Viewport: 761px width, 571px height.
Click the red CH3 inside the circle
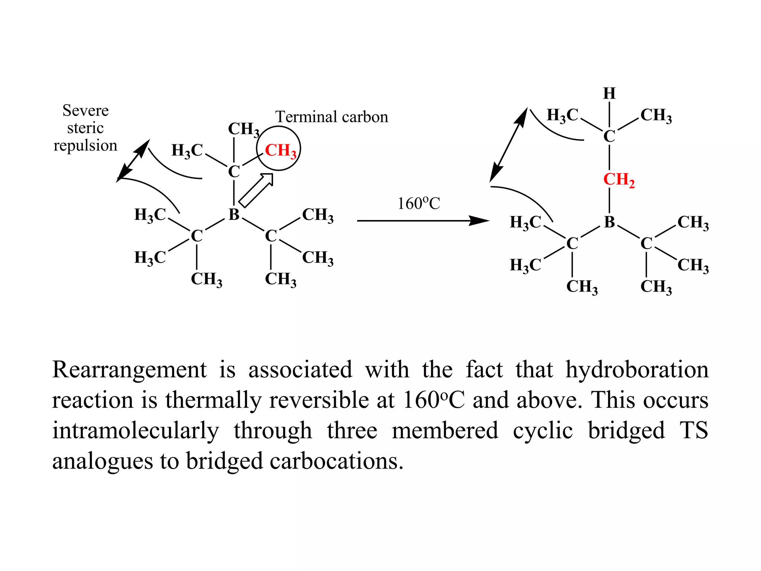tap(280, 151)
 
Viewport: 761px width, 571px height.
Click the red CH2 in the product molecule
tap(618, 180)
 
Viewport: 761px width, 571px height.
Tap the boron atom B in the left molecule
tap(234, 214)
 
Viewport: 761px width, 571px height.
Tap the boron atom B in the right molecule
tap(609, 222)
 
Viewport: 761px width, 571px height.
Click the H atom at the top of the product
tap(609, 93)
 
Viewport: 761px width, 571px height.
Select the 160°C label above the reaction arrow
tap(419, 203)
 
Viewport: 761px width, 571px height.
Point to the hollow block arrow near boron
tap(256, 190)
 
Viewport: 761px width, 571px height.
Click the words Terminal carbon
tap(331, 117)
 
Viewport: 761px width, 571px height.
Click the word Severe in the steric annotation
tap(85, 110)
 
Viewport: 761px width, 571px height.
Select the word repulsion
tap(85, 145)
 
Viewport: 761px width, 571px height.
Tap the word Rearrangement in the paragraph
tap(129, 370)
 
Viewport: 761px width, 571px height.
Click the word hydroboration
tap(637, 370)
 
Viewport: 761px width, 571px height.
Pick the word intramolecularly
tap(135, 431)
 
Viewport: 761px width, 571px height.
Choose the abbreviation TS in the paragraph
tap(693, 431)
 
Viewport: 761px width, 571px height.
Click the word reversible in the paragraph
tap(318, 400)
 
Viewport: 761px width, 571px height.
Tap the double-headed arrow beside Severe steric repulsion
tap(133, 161)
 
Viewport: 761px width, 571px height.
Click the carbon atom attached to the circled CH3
tap(234, 172)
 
